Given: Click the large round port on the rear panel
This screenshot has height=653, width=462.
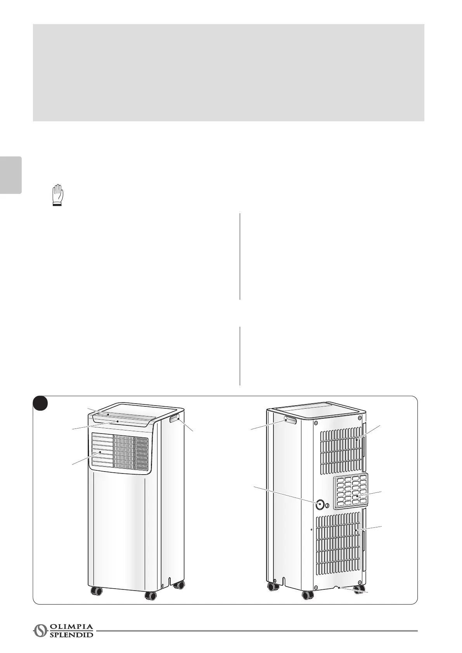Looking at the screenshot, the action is click(x=320, y=504).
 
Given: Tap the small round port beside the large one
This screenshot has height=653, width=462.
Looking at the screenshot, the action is click(x=327, y=505).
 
